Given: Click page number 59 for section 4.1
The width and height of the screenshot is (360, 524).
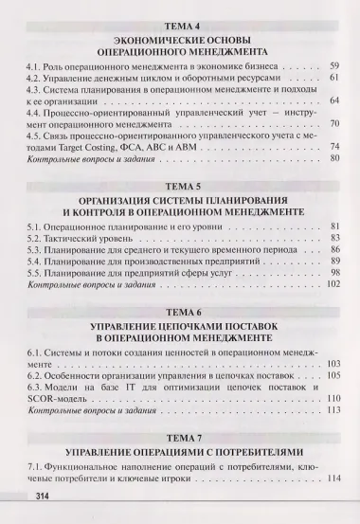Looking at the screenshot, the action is [x=333, y=69].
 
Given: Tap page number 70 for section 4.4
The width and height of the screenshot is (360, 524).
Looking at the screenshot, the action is [x=333, y=123].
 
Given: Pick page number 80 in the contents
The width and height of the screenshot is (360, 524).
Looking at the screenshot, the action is [x=333, y=157].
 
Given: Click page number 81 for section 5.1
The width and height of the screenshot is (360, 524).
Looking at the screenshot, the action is [x=333, y=230].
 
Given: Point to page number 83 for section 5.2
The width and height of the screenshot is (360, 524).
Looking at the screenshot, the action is [x=333, y=244].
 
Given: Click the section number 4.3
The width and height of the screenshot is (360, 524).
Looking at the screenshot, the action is [x=35, y=96].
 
